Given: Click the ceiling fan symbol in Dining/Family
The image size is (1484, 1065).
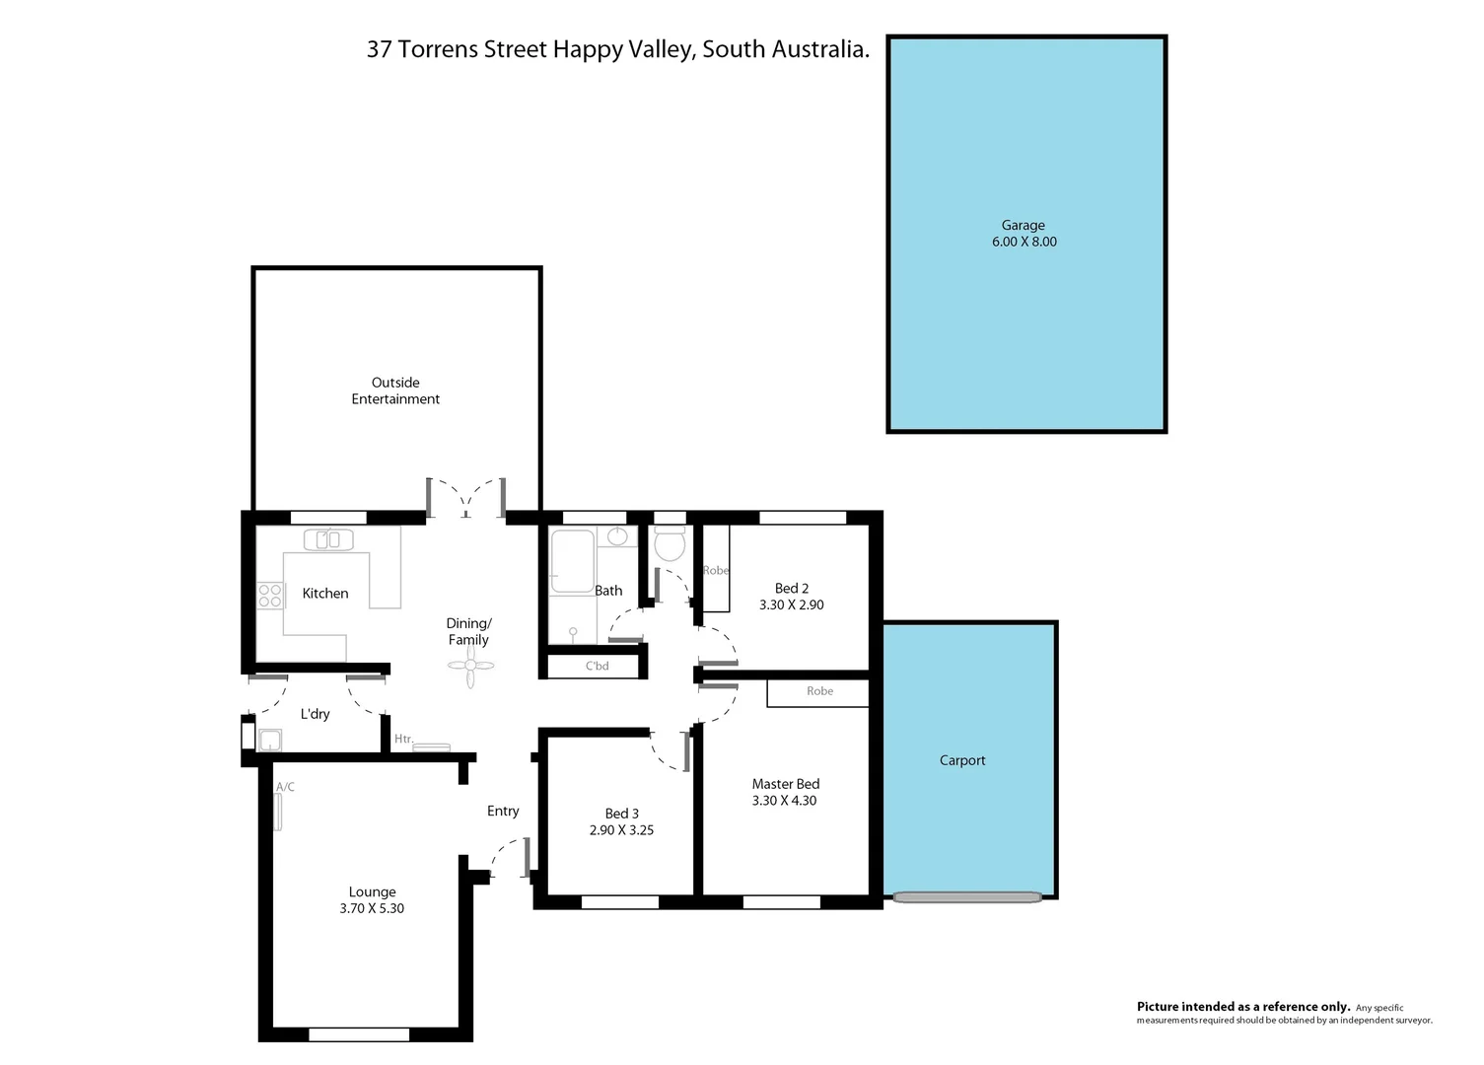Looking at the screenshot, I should [470, 667].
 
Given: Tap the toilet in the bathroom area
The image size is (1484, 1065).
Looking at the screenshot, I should [670, 543].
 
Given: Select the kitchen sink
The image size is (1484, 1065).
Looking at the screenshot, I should [328, 539].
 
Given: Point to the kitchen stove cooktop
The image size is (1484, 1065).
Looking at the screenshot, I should [269, 595].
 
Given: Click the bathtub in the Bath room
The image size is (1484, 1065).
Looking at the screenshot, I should [572, 562].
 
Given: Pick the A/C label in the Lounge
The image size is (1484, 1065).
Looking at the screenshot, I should [285, 787].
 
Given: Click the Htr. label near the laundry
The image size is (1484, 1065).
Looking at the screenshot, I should [403, 739].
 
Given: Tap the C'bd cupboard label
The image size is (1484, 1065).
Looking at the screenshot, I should [597, 666].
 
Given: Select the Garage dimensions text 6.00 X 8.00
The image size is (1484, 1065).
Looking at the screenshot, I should [1024, 242].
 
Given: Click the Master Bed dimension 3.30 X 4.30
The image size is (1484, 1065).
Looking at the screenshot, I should [784, 801].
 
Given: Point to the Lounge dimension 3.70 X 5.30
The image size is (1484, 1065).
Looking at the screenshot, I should [372, 908].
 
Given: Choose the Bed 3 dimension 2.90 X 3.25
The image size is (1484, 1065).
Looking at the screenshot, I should [621, 830].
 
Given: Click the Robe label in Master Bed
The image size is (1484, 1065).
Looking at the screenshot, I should [819, 691].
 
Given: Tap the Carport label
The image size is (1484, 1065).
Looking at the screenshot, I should [962, 760].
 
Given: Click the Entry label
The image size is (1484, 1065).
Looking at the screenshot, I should [503, 811].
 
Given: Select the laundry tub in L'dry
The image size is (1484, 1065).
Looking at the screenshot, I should [269, 740].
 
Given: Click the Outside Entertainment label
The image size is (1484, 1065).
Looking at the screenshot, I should [395, 390].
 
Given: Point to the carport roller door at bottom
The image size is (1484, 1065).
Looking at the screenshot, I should [967, 897].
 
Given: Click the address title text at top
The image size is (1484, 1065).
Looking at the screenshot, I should [617, 49].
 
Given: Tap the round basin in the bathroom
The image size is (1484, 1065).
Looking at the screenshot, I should [617, 536].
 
